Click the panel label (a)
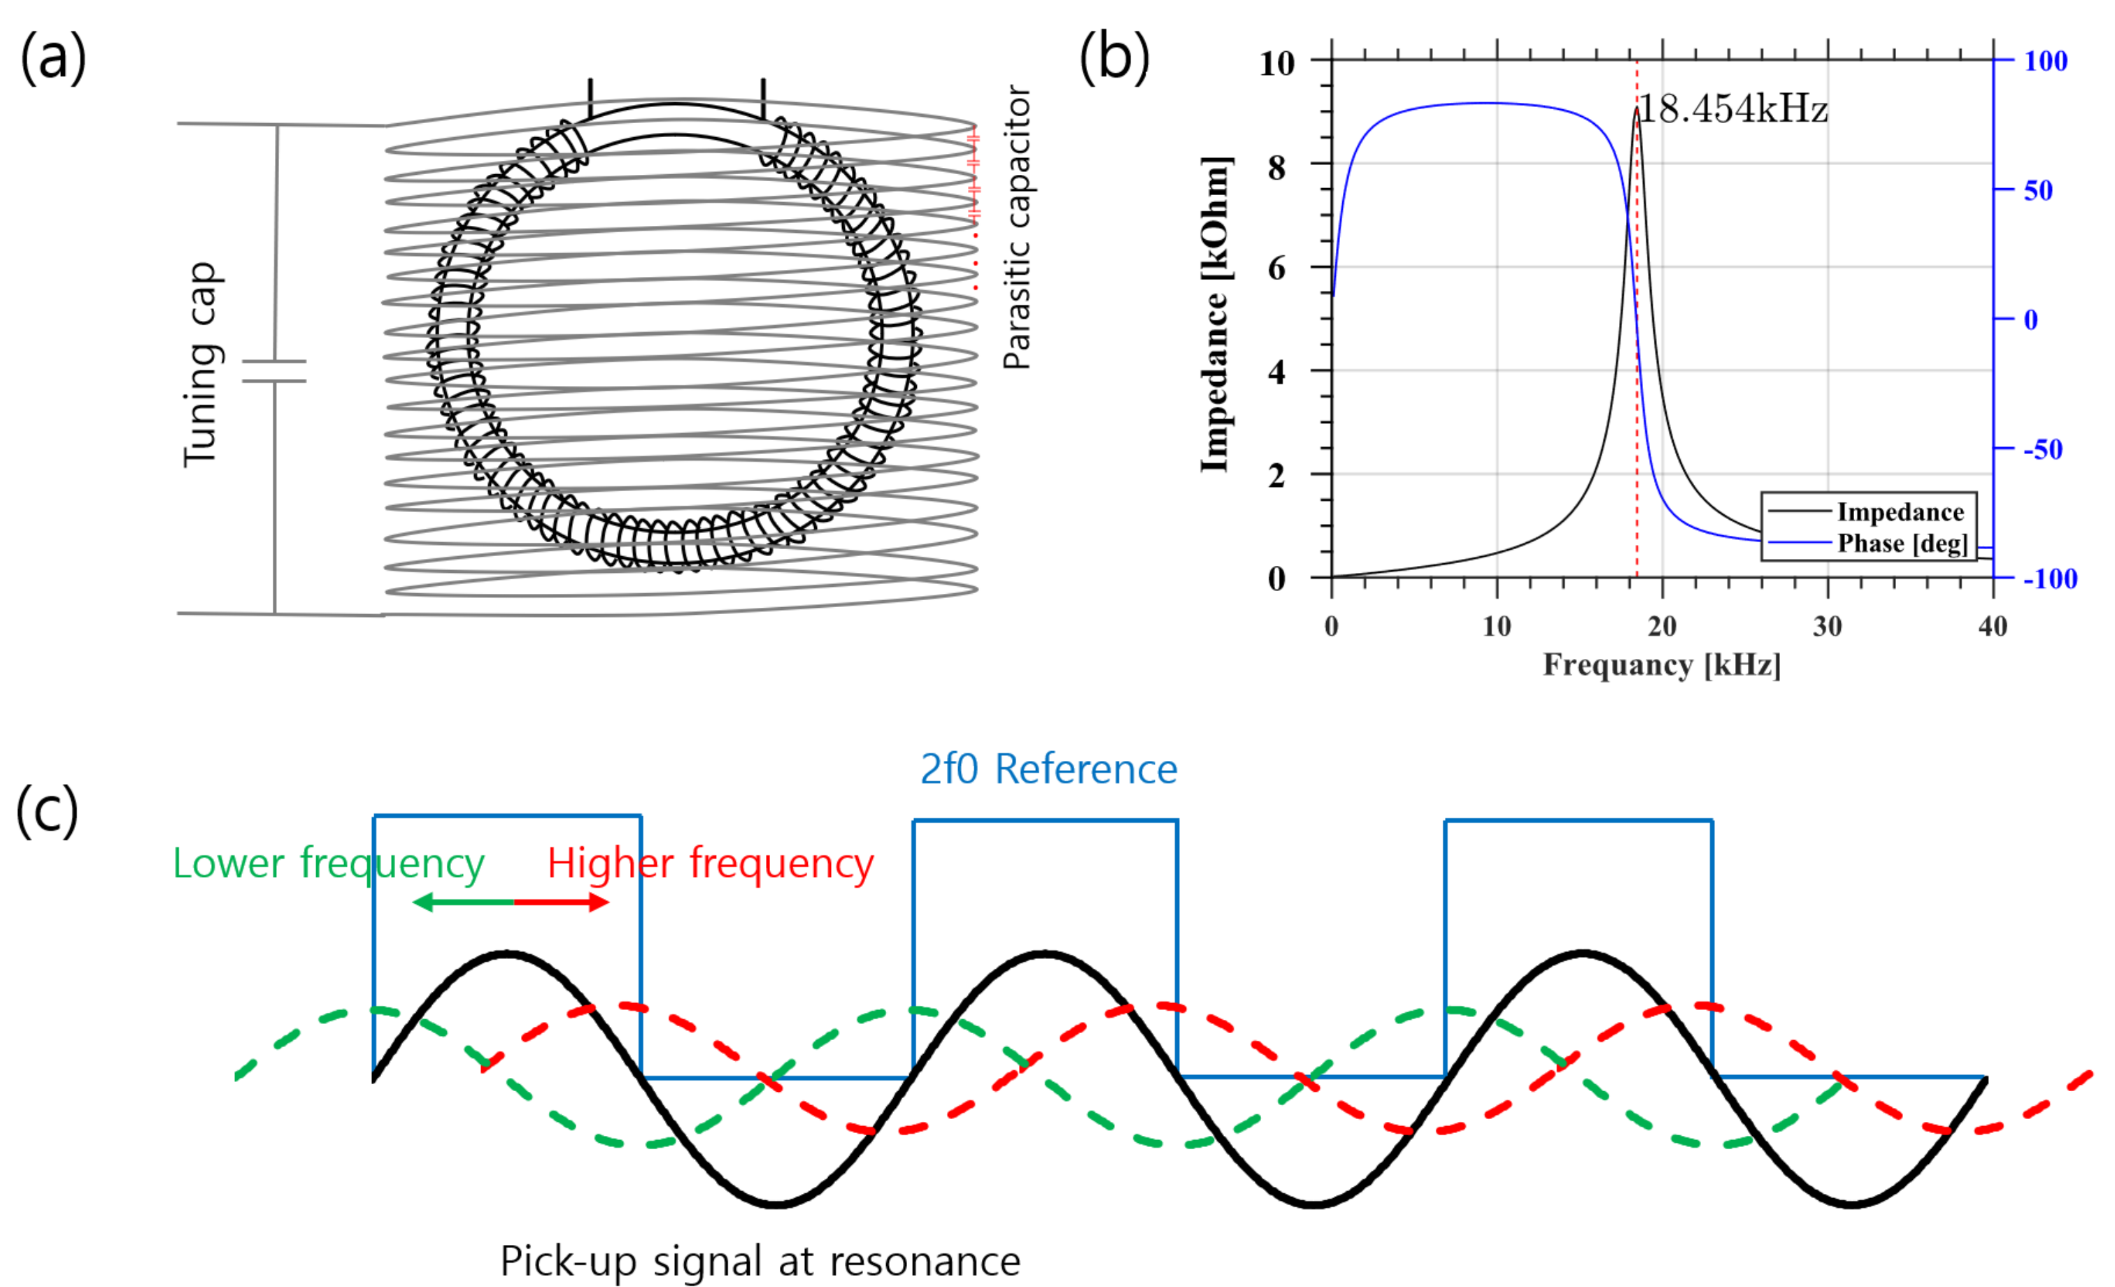tap(53, 58)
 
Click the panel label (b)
tap(1113, 58)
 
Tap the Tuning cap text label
tap(203, 365)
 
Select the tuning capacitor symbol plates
tap(275, 371)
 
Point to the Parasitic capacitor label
tap(1017, 227)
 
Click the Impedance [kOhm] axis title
tap(1215, 314)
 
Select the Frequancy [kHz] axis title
tap(1662, 664)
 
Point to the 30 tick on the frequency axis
tap(1828, 627)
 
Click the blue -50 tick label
tap(2043, 449)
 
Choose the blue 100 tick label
tap(2046, 61)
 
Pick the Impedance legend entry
tap(1900, 512)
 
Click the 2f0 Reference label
tap(1048, 769)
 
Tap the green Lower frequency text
tap(329, 863)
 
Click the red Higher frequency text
tap(710, 863)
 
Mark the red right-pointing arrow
tap(562, 902)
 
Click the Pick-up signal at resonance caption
tap(760, 1260)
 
